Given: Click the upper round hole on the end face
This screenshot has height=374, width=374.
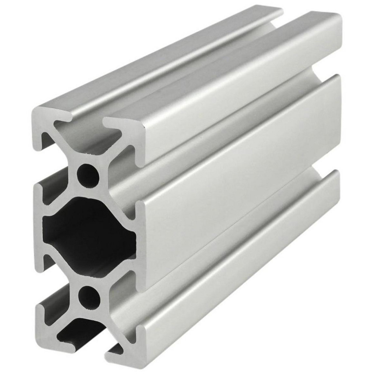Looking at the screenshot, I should [88, 174].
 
